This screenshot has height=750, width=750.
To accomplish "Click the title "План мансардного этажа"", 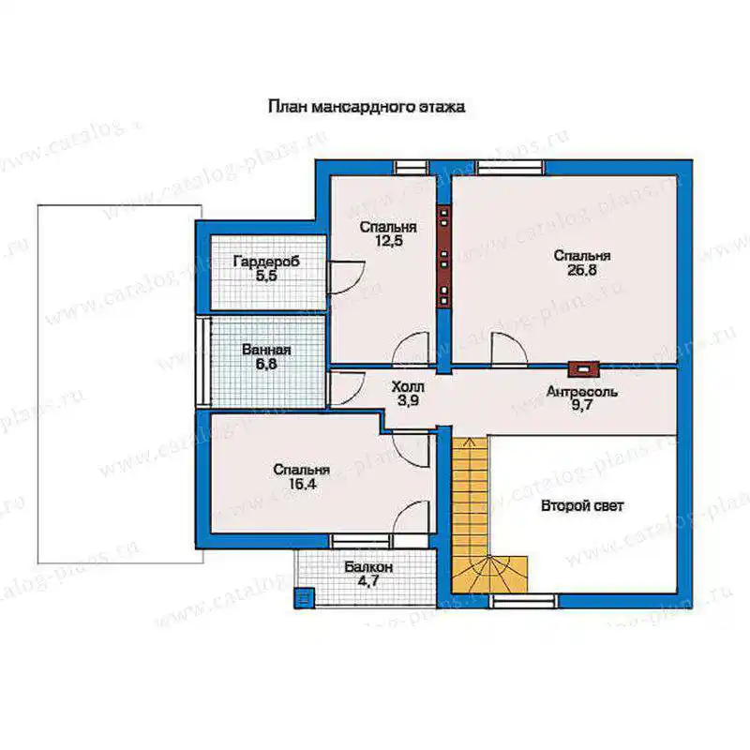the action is pyautogui.click(x=367, y=106).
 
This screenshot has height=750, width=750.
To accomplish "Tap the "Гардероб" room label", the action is pyautogui.click(x=266, y=262).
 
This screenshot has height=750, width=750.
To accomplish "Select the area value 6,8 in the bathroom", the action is pyautogui.click(x=266, y=364).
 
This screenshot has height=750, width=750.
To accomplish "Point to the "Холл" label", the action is pyautogui.click(x=408, y=385).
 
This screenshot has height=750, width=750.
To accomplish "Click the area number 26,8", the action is pyautogui.click(x=582, y=270).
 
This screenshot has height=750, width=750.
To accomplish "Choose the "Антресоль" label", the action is pyautogui.click(x=581, y=392).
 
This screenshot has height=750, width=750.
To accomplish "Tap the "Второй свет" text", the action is pyautogui.click(x=582, y=505).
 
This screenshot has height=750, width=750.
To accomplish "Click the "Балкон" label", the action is pyautogui.click(x=368, y=567).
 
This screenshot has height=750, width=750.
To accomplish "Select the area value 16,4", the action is pyautogui.click(x=302, y=484).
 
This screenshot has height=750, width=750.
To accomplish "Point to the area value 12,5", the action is pyautogui.click(x=388, y=240).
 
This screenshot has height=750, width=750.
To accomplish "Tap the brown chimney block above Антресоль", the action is pyautogui.click(x=583, y=368).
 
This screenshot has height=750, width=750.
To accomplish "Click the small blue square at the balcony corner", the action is pyautogui.click(x=303, y=598).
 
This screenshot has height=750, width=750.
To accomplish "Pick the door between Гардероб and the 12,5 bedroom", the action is pyautogui.click(x=346, y=277).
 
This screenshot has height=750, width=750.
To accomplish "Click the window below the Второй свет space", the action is pyautogui.click(x=523, y=601).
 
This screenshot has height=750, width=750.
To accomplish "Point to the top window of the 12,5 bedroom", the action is pyautogui.click(x=411, y=168).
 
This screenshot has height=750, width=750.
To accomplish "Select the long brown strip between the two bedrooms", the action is pyautogui.click(x=444, y=257).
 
